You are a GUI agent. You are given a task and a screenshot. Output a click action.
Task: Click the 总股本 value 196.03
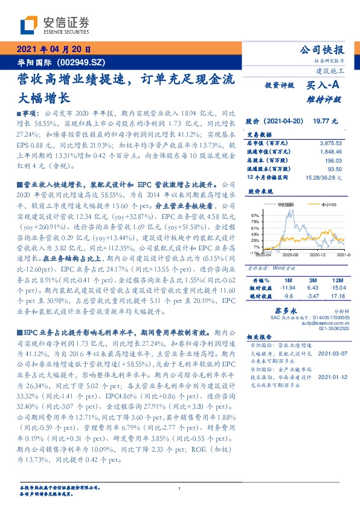pyautogui.click(x=333, y=161)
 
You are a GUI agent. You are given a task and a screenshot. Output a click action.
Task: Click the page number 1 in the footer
pyautogui.click(x=180, y=489)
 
